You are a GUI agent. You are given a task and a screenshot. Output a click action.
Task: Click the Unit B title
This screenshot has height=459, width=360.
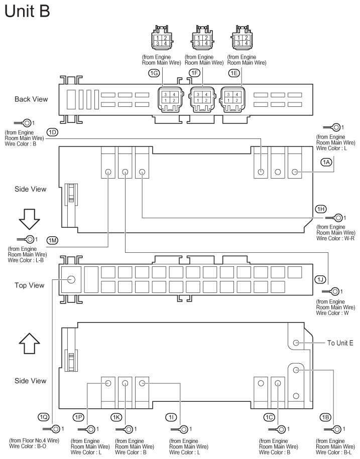(27, 11)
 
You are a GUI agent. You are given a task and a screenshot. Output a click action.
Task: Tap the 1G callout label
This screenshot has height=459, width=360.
(154, 73)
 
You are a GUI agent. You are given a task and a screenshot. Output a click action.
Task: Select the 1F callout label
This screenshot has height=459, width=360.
(195, 73)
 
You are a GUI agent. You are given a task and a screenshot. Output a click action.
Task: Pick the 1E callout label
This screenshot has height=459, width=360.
(234, 73)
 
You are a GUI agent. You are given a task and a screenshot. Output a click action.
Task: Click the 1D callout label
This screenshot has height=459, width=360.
(52, 132)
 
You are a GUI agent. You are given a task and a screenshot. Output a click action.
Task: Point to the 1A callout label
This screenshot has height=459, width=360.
(326, 162)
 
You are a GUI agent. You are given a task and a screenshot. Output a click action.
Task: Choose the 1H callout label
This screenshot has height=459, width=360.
(321, 209)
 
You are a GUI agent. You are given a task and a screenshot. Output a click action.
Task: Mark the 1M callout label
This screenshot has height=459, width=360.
(52, 240)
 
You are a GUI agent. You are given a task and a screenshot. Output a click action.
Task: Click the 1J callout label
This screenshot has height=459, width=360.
(320, 279)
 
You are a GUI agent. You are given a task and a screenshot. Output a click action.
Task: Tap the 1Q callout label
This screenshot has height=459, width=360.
(43, 417)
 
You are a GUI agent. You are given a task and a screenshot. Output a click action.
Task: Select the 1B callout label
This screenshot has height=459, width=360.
(325, 417)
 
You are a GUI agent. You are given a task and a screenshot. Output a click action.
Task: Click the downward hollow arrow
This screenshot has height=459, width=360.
(29, 219)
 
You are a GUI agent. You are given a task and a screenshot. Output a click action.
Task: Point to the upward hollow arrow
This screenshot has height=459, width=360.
(29, 343)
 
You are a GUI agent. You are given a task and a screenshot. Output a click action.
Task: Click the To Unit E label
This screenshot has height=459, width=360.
(340, 343)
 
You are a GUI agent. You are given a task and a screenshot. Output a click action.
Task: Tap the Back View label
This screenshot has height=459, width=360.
(31, 99)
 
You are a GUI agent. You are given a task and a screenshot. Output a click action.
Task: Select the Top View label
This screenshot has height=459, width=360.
(29, 285)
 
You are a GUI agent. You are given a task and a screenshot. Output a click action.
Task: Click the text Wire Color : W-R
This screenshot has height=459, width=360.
(335, 239)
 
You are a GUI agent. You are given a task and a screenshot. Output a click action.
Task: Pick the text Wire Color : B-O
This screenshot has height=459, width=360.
(28, 446)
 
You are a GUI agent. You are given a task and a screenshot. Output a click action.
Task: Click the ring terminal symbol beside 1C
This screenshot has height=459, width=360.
(277, 429)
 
